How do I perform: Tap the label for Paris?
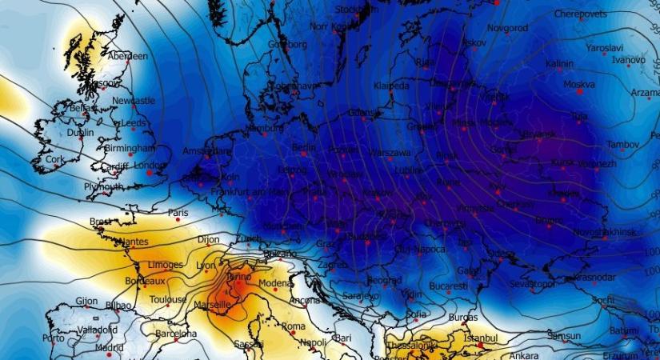click(x=178, y=213)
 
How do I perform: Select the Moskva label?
click(x=579, y=84)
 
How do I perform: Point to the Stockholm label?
click(x=357, y=10)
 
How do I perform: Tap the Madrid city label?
click(x=109, y=348)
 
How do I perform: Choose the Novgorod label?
click(x=507, y=27)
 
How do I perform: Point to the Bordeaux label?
click(x=146, y=282)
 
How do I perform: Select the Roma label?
click(x=294, y=326)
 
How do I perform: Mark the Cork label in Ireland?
click(x=54, y=159)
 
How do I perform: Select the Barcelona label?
click(x=176, y=334)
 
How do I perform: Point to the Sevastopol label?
click(x=532, y=284)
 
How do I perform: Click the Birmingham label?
click(x=129, y=149)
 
